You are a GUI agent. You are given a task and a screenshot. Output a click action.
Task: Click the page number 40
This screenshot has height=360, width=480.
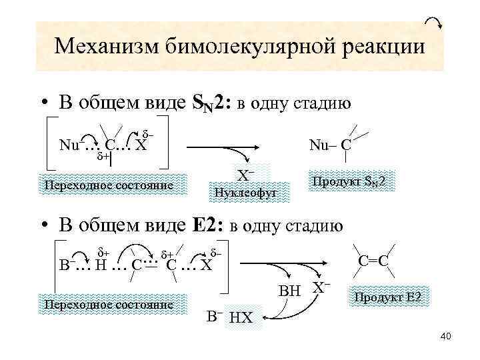point(446,336)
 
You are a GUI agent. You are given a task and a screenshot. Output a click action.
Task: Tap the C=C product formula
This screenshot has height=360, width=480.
point(373,260)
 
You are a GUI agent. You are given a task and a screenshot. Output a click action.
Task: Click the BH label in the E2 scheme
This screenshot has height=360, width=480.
point(289,291)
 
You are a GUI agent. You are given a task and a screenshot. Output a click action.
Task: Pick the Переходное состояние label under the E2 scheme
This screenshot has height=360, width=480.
point(107,304)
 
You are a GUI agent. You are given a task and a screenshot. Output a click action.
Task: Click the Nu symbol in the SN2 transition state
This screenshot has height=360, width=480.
point(69,144)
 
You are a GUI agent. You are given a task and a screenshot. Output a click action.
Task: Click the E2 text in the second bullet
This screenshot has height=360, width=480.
point(203,225)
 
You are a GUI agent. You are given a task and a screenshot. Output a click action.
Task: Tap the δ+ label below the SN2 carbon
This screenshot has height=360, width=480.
point(103,157)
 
